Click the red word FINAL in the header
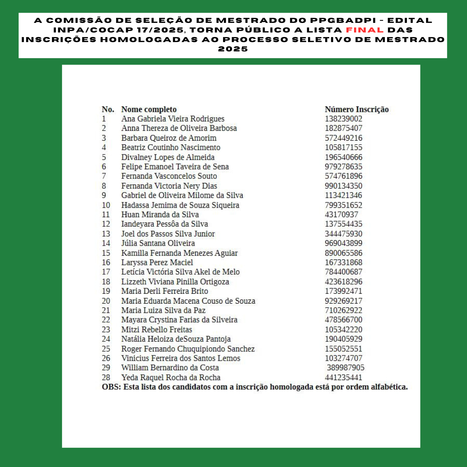pyautogui.click(x=365, y=30)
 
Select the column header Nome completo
pyautogui.click(x=149, y=109)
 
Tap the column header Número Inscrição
pyautogui.click(x=357, y=109)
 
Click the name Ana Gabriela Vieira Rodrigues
pyautogui.click(x=173, y=119)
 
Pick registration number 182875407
pyautogui.click(x=343, y=128)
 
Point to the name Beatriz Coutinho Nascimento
pyautogui.click(x=171, y=147)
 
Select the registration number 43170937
pyautogui.click(x=341, y=215)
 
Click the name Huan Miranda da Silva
pyautogui.click(x=160, y=215)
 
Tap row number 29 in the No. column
pyautogui.click(x=106, y=368)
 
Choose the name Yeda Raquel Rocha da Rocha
pyautogui.click(x=171, y=377)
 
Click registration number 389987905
pyautogui.click(x=346, y=368)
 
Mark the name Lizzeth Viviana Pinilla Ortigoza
pyautogui.click(x=175, y=282)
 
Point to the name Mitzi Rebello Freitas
pyautogui.click(x=156, y=329)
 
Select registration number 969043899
pyautogui.click(x=343, y=243)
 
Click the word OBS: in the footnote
pyautogui.click(x=111, y=387)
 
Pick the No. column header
pyautogui.click(x=108, y=109)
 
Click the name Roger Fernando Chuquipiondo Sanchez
pyautogui.click(x=188, y=349)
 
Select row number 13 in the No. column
pyautogui.click(x=106, y=234)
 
